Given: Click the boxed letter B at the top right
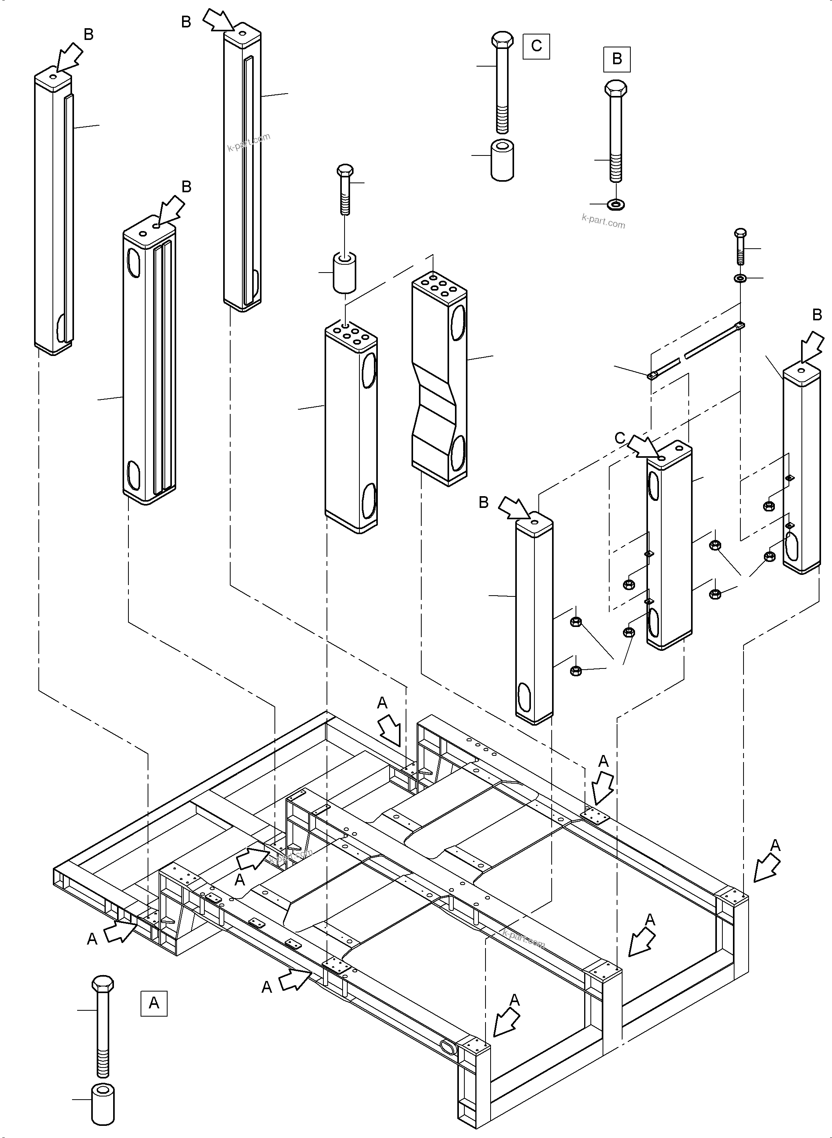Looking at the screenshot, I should pos(617,59).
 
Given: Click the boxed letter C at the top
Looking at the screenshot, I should pos(536,46).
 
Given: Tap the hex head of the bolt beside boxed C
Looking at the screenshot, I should pos(502,40).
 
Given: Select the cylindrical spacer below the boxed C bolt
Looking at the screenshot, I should pos(502,160).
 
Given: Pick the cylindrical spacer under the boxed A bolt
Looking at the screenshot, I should pos(103,1101).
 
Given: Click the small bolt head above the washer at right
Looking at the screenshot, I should pos(740,233).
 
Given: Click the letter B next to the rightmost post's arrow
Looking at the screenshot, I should pos(817,315).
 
